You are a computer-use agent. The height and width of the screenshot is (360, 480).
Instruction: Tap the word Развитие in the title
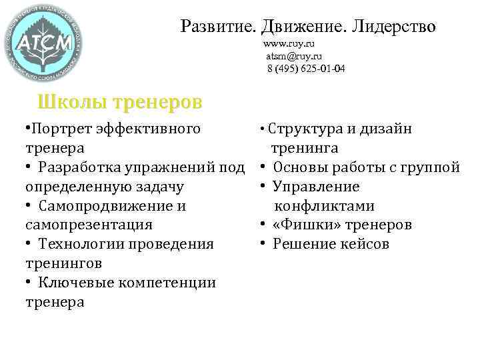(x=219, y=27)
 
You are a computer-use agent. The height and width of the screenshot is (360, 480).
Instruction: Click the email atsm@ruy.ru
(x=294, y=56)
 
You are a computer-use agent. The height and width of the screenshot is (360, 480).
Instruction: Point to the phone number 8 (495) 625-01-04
(x=306, y=69)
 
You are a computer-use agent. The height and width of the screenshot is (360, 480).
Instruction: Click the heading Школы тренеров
(x=120, y=103)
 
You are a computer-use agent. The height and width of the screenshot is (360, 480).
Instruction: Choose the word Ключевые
(x=77, y=283)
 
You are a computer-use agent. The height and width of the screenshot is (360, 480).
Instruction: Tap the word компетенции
(x=167, y=283)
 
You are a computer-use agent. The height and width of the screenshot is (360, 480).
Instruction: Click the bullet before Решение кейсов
(x=264, y=244)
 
